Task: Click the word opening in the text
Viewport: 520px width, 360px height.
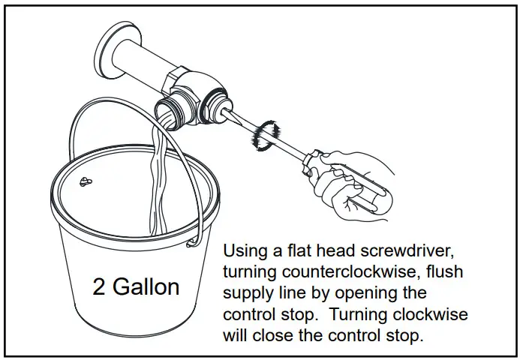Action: (x=374, y=292)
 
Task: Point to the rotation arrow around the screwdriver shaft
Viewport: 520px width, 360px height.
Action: (x=265, y=136)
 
